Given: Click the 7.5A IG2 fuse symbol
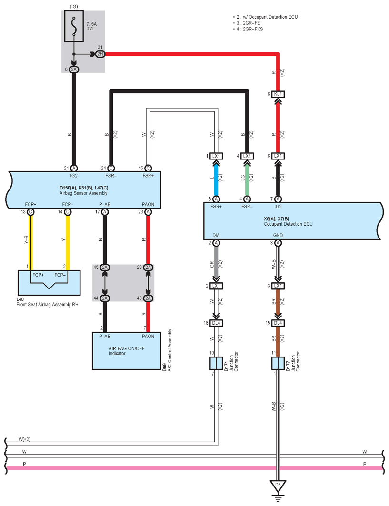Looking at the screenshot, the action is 74,26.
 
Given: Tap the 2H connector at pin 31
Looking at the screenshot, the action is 100,54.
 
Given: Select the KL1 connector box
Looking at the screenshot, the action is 278,94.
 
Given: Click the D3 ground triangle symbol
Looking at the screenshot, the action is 278,486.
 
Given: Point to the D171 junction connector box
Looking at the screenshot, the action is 216,363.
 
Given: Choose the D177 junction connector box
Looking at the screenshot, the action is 278,363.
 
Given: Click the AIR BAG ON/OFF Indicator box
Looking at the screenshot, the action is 126,351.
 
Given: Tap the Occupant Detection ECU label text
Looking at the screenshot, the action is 288,224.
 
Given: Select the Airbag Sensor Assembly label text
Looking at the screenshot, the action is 83,193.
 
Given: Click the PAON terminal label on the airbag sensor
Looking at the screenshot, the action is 148,204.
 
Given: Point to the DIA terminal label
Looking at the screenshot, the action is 216,235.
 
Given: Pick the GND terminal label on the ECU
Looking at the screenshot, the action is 278,235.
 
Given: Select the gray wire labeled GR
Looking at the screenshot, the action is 216,261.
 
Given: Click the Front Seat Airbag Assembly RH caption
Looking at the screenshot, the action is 47,304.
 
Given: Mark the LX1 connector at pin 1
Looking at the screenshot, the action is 216,156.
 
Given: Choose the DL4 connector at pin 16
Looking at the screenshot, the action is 216,323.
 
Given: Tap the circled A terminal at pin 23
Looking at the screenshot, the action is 148,212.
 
